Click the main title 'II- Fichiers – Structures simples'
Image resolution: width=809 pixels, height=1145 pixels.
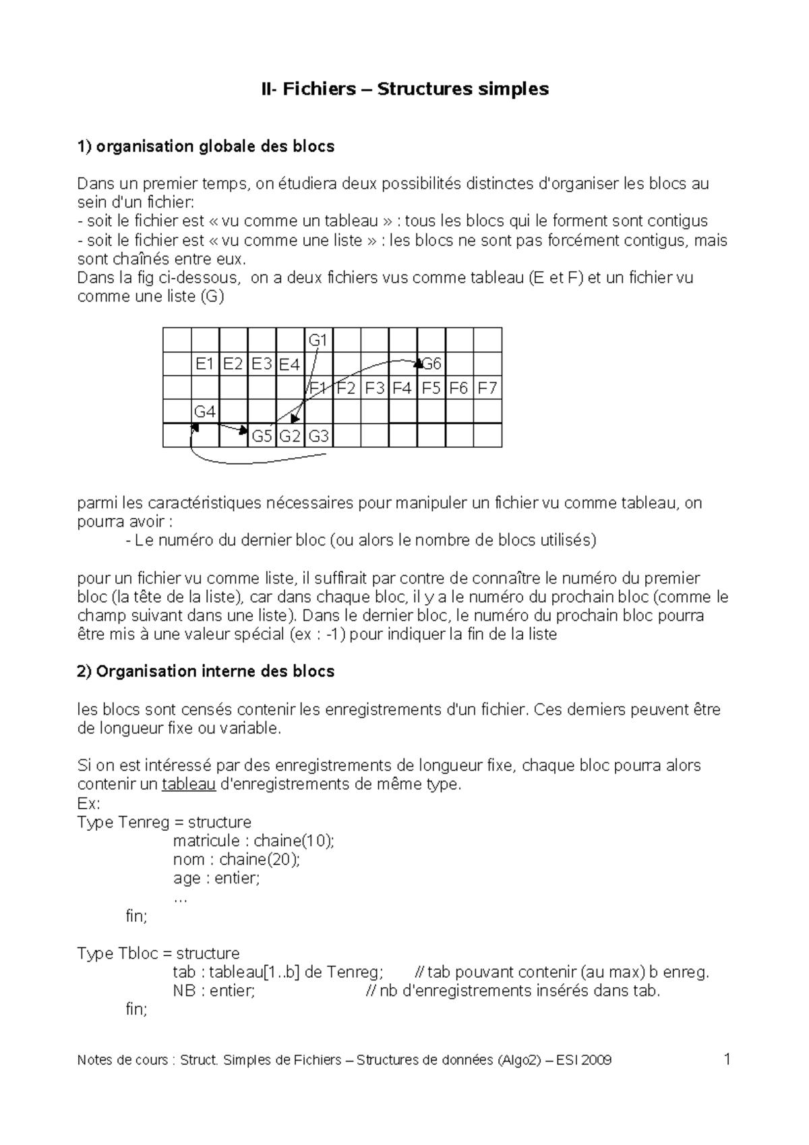coord(405,88)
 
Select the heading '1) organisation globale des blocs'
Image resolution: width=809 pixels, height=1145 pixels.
coord(206,146)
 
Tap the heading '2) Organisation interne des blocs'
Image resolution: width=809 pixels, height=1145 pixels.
coord(206,672)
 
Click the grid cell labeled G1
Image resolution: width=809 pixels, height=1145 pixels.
coord(318,340)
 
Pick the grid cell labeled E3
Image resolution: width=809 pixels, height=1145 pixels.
coord(262,364)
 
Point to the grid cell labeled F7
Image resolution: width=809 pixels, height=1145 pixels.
coord(487,388)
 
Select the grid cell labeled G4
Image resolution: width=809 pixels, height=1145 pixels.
coord(205,411)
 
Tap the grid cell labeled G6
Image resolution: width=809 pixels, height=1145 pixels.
coord(431,364)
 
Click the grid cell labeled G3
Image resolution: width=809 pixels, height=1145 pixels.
coord(318,436)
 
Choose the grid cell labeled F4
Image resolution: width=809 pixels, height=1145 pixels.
coord(402,388)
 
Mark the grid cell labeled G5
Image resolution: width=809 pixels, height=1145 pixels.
coord(262,436)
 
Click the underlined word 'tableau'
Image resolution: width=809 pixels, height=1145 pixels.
coord(189,784)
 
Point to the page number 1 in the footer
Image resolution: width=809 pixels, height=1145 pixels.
coord(727,1059)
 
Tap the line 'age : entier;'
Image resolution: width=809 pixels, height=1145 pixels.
coord(216,879)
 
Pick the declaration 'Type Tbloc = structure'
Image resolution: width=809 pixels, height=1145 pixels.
coord(158,953)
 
